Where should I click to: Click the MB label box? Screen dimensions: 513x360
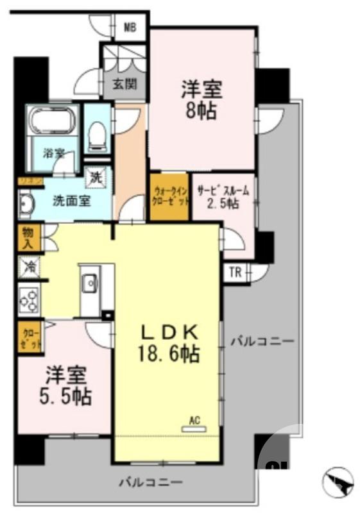pyautogui.click(x=130, y=27)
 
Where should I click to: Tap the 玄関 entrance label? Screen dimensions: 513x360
pyautogui.click(x=124, y=83)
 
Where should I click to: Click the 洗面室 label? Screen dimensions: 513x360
pyautogui.click(x=70, y=199)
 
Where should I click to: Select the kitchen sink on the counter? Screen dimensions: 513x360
pyautogui.click(x=90, y=283)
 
